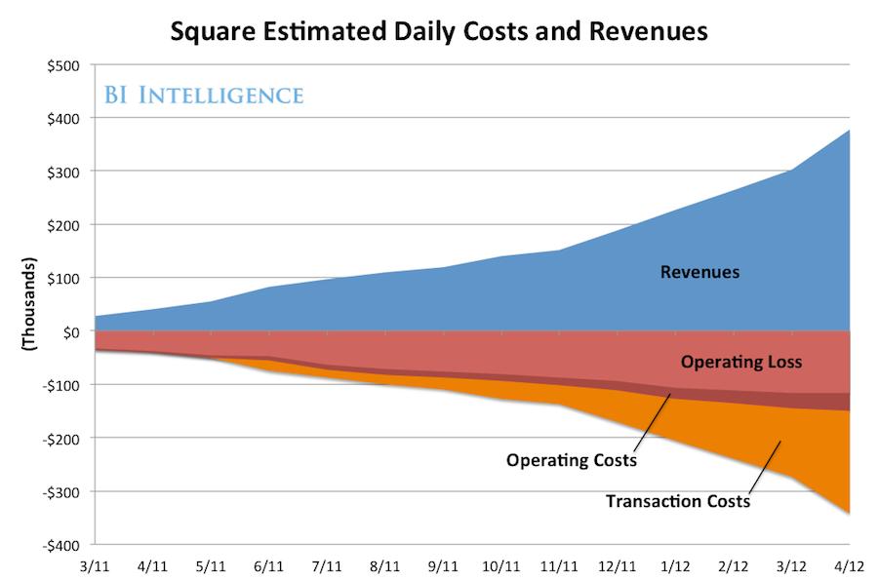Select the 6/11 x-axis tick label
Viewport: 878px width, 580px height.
point(268,564)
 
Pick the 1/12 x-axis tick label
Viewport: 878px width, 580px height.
point(675,564)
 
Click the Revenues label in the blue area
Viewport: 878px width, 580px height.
point(699,272)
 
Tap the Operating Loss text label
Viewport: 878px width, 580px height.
point(740,362)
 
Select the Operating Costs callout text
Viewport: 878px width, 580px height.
point(571,458)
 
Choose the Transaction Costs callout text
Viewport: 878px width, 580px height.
point(678,501)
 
